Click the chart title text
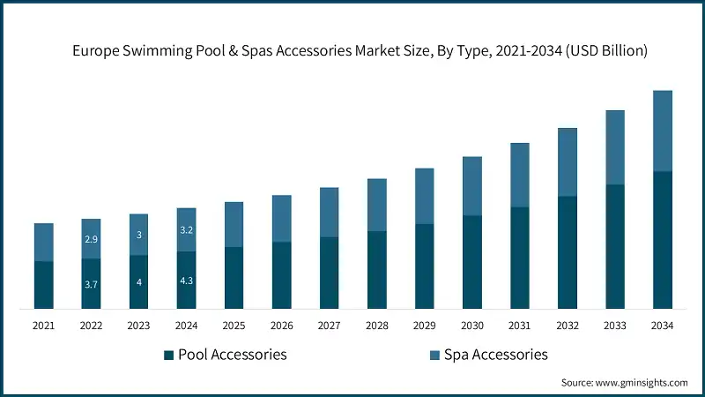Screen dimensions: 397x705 pos(360,51)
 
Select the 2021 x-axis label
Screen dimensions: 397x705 pos(44,326)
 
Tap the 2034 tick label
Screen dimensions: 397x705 pos(662,326)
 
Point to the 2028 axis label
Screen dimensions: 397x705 pos(376,326)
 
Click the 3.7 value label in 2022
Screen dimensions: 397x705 pos(92,284)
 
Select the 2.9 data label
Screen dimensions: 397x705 pos(92,239)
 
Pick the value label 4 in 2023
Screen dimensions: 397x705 pos(139,282)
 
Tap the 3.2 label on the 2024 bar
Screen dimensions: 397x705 pos(187,230)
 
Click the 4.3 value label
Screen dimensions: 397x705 pos(187,281)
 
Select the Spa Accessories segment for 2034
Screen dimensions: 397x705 pos(662,131)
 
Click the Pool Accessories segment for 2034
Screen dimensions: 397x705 pos(662,240)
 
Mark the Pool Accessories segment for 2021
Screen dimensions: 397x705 pos(44,285)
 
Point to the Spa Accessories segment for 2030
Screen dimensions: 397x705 pos(472,186)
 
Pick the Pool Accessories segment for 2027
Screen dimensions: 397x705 pos(329,273)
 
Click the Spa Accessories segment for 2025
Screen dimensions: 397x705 pos(234,224)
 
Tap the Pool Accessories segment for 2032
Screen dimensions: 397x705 pos(567,252)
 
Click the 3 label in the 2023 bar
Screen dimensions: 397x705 pos(139,235)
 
